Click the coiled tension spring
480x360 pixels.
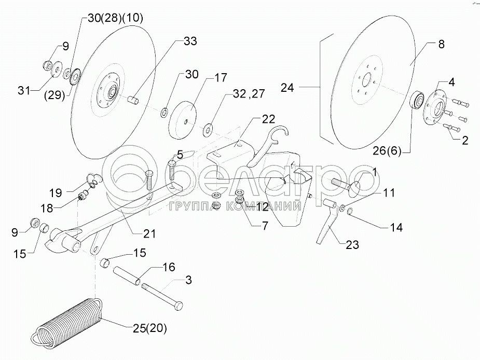(67, 323)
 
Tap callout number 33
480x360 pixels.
(190, 41)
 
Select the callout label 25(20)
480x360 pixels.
(149, 328)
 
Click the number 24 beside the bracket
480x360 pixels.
(287, 88)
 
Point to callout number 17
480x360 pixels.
(221, 77)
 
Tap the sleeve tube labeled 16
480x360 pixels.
(127, 275)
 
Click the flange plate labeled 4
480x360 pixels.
(434, 108)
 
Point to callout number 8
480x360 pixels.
(441, 45)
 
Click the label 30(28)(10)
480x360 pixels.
(115, 18)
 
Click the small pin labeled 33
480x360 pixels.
(133, 100)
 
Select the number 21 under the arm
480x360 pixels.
(149, 234)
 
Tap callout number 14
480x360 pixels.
(396, 227)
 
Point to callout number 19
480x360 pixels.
(56, 193)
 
